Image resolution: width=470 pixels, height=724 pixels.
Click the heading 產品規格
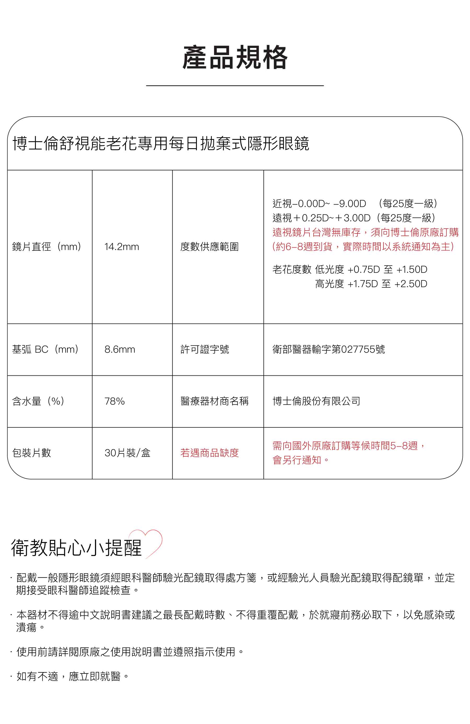(235, 57)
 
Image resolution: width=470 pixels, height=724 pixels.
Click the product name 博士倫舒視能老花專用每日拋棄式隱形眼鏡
(161, 143)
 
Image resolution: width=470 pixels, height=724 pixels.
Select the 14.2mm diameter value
(121, 247)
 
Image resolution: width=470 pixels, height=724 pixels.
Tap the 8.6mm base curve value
(120, 349)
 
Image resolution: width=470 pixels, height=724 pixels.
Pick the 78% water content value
(114, 401)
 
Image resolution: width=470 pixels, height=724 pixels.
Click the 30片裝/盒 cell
(127, 453)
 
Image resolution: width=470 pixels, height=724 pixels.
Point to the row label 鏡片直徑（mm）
(46, 247)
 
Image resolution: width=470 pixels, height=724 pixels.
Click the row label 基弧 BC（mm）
(46, 349)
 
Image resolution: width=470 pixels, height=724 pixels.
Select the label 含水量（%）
(38, 401)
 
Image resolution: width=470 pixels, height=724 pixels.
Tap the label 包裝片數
(32, 453)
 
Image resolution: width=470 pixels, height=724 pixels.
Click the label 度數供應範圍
(209, 247)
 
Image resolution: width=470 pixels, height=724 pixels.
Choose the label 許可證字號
(204, 349)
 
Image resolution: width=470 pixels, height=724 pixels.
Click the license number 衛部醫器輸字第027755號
(328, 349)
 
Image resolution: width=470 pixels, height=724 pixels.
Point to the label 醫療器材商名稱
(214, 401)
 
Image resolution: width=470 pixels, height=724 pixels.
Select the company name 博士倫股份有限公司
(316, 401)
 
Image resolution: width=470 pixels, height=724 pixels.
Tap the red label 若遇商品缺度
(209, 453)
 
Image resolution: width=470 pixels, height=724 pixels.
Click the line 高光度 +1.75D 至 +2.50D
(371, 284)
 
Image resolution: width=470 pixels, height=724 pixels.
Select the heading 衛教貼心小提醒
(77, 548)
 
